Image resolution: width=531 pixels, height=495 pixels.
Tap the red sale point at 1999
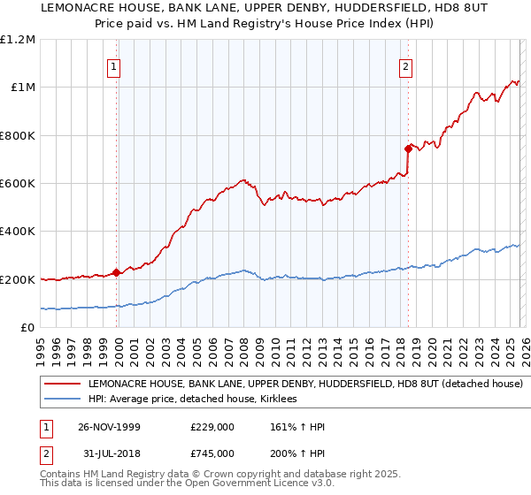(x=117, y=273)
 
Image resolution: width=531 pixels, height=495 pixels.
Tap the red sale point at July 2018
(x=408, y=148)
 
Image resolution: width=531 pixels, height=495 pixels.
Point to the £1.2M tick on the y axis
(x=18, y=40)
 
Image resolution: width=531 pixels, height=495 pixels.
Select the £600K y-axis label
(x=18, y=184)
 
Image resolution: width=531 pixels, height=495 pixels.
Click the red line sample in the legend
(x=62, y=385)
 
